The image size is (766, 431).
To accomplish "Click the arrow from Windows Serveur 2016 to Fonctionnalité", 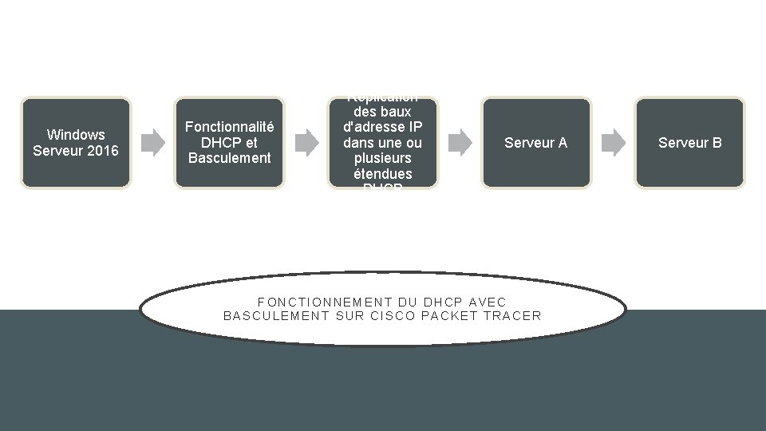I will [x=152, y=143].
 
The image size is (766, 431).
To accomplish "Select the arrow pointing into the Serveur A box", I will [x=460, y=143].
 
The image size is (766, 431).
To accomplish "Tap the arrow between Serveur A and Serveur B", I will [x=613, y=143].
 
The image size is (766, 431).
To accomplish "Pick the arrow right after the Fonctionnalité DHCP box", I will [x=306, y=143].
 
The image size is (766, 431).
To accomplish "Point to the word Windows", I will [x=76, y=134].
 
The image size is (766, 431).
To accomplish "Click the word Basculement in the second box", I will [x=230, y=157].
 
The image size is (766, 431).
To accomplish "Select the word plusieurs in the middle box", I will [x=383, y=158].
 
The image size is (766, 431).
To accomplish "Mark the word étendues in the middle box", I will [x=383, y=173].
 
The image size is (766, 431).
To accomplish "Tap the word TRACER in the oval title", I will [x=512, y=315].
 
